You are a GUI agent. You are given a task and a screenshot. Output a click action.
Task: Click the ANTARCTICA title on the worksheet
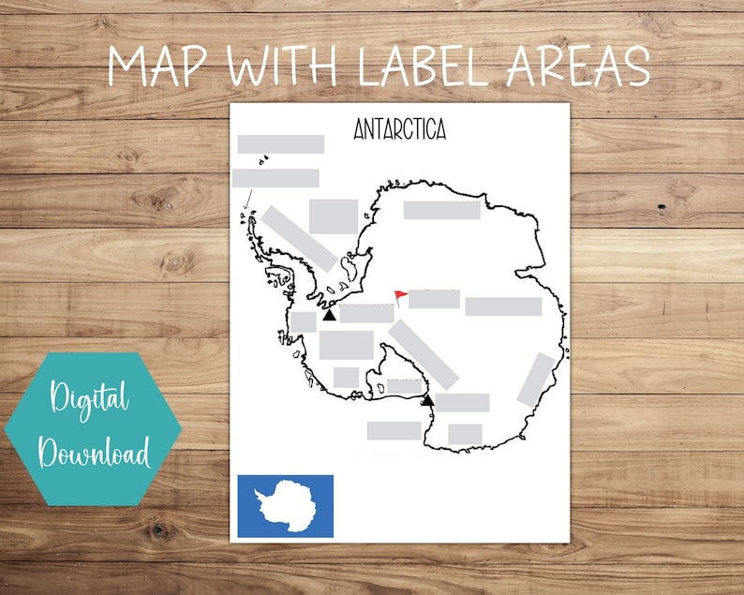point(399,129)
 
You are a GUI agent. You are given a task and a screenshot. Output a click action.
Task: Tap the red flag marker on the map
point(401,297)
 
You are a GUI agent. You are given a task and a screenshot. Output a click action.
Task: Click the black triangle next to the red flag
point(329,316)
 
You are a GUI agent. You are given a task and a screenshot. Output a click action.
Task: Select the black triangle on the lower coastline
point(427,400)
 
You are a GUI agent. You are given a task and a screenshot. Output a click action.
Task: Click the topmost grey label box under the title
point(281,144)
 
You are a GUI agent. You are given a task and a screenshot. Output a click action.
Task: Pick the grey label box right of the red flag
point(434,299)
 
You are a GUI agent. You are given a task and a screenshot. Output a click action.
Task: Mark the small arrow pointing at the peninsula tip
point(248,200)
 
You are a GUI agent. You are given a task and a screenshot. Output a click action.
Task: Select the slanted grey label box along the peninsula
point(300,239)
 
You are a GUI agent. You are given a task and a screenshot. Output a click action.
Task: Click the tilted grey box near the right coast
point(536,379)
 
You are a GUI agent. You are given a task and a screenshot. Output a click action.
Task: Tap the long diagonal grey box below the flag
point(424,354)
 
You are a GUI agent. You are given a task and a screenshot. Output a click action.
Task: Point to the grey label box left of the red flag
point(366,313)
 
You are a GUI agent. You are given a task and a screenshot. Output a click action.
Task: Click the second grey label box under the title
point(275,178)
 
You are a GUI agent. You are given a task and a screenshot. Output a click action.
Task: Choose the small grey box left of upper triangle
point(304,321)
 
